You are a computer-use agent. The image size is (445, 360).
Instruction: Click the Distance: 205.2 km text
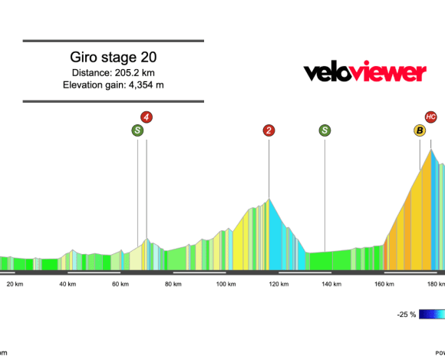113,73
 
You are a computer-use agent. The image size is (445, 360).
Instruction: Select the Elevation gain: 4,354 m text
113,85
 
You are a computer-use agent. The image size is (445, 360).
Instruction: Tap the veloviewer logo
364,73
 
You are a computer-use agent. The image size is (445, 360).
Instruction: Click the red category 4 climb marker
146,117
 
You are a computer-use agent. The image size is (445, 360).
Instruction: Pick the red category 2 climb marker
269,130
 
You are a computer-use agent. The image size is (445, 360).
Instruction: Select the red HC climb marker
430,117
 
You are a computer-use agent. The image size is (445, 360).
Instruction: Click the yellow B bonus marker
420,130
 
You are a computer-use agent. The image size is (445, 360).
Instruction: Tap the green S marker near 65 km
137,130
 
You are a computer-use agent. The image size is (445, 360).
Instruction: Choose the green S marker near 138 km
325,130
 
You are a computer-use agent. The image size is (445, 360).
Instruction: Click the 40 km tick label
68,284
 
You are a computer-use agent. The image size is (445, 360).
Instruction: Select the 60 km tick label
120,284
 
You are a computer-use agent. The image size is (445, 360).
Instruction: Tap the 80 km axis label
173,284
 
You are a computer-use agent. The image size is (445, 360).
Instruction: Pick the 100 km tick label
226,284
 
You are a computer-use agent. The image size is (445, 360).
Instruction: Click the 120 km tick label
279,284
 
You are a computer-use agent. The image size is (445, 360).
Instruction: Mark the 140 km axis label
331,284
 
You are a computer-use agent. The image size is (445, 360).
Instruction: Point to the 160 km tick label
384,284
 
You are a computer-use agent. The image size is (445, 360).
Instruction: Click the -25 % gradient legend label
407,315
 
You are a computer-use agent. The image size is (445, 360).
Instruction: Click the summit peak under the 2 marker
269,200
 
